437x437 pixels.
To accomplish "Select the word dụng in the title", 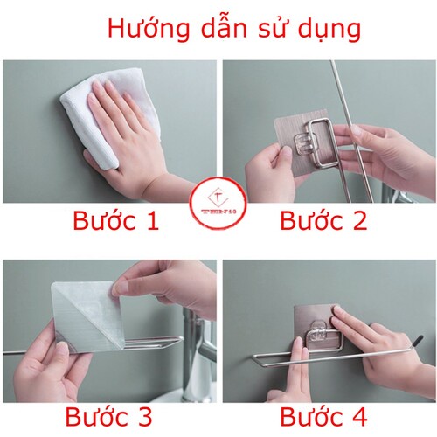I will (x=328, y=29).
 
